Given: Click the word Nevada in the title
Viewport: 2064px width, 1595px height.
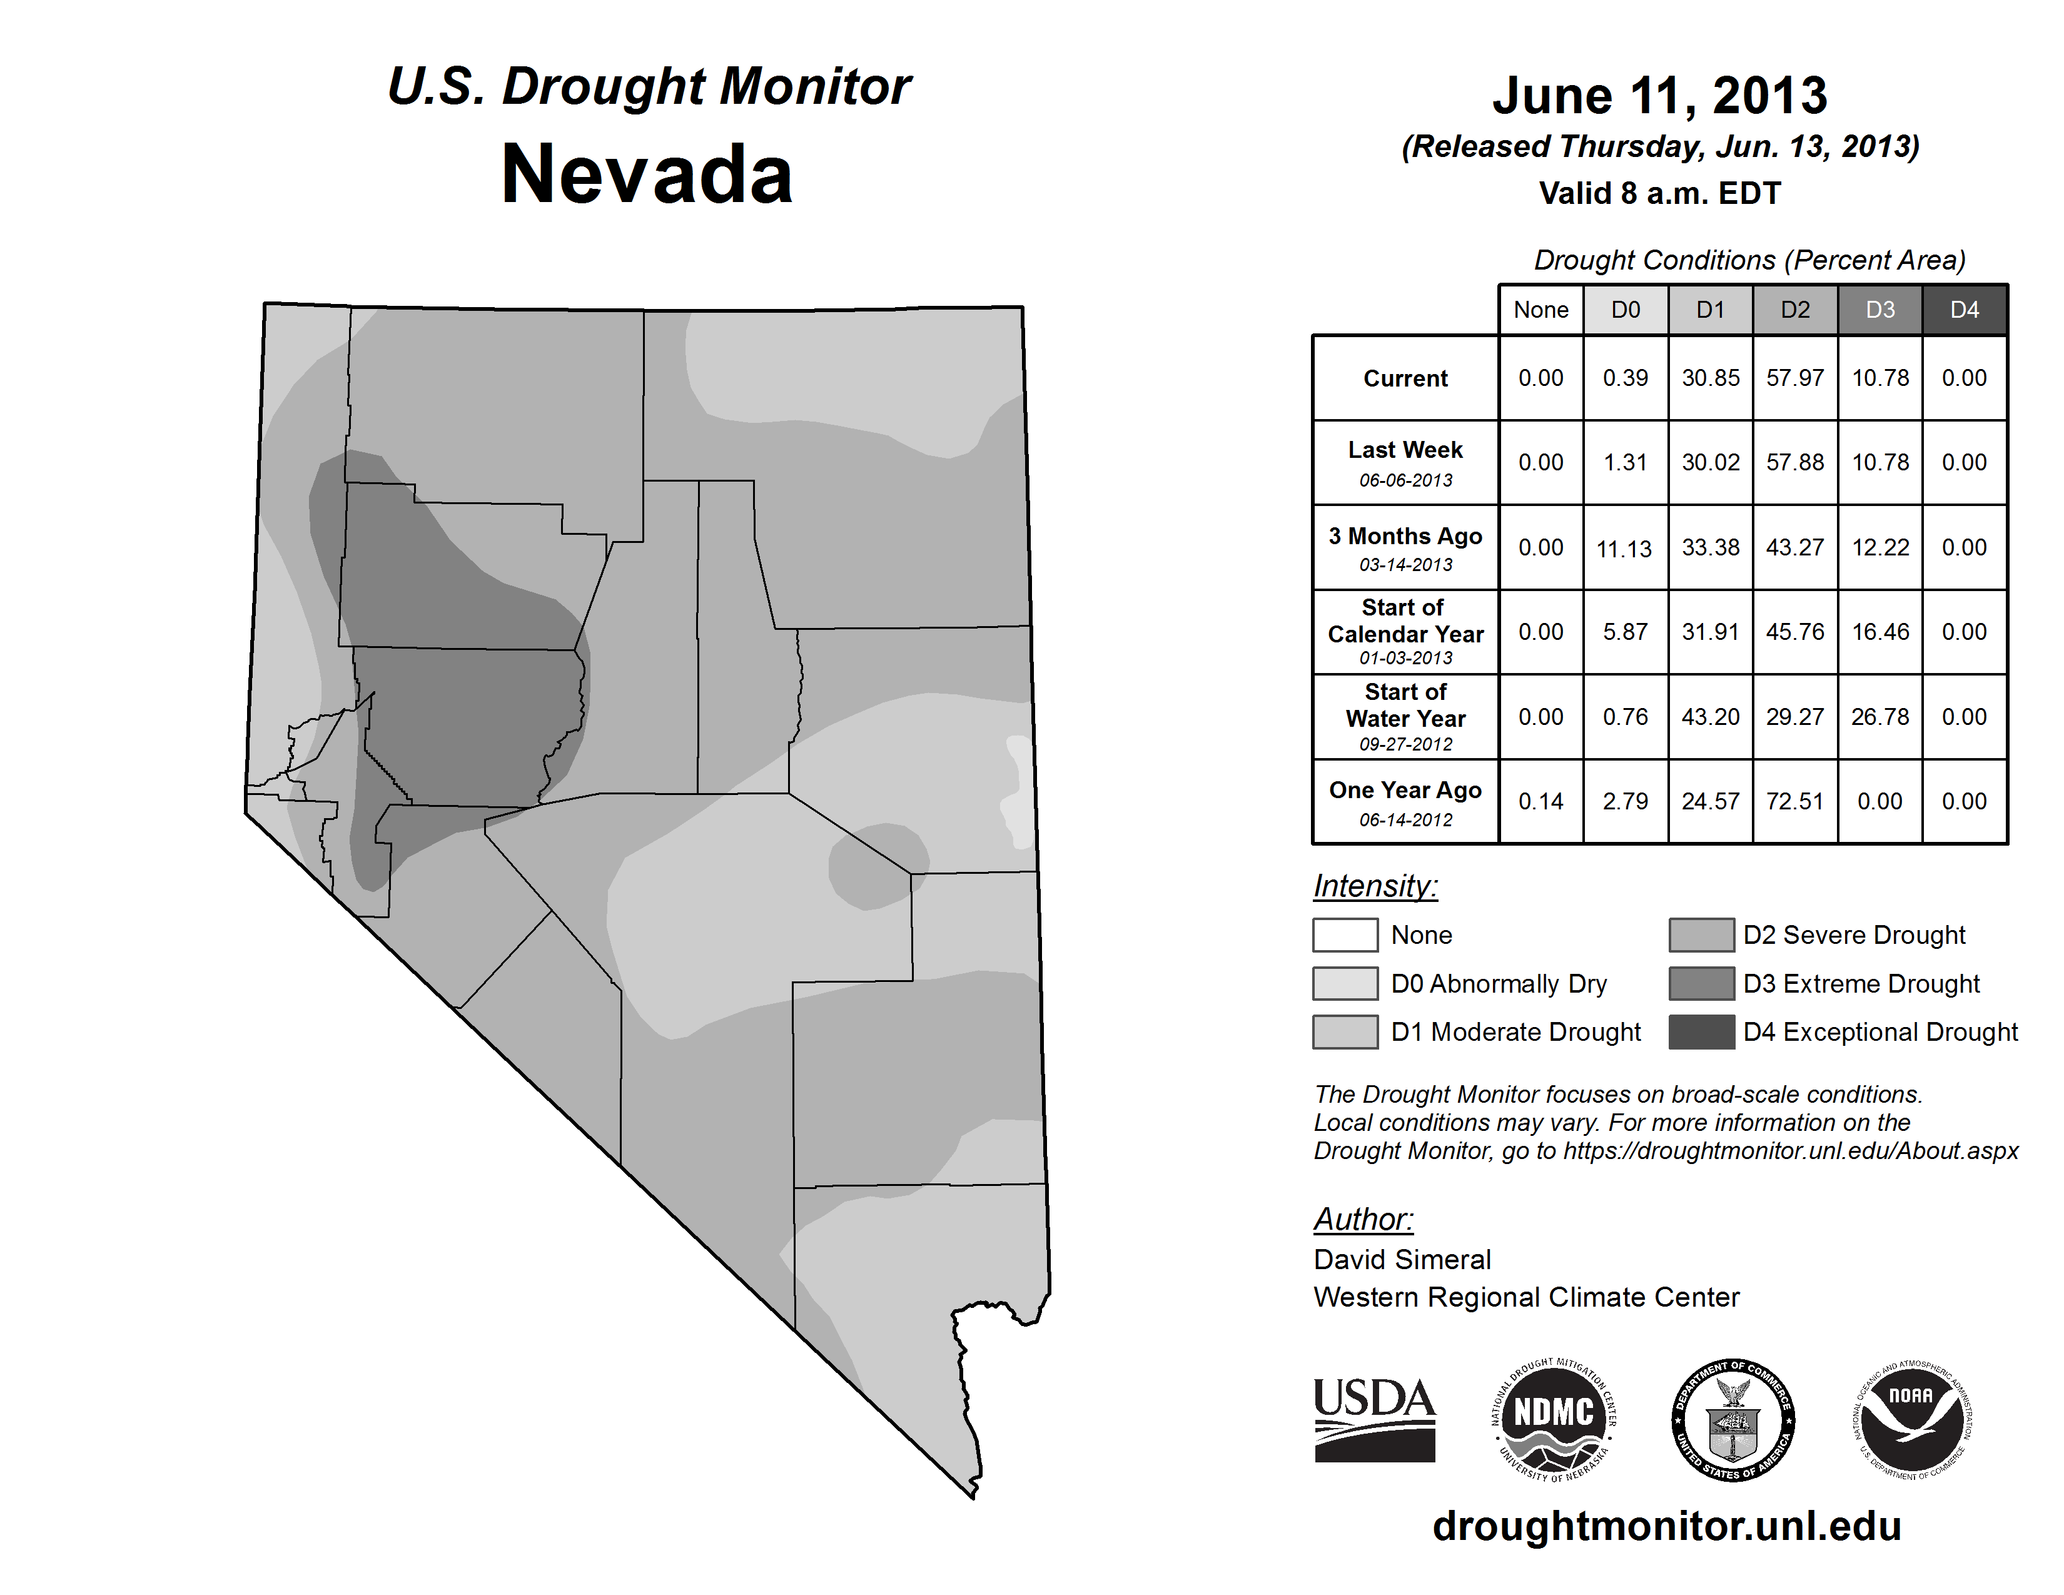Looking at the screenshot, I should (647, 175).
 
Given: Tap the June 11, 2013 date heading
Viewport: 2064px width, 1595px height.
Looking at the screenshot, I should (1659, 96).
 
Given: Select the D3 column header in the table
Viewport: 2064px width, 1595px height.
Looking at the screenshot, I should (1879, 310).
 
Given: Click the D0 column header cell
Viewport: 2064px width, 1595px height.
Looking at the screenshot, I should (1626, 310).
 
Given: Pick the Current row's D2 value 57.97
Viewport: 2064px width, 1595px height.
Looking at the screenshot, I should (1794, 378).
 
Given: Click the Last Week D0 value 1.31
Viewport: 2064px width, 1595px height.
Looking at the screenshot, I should (1626, 462).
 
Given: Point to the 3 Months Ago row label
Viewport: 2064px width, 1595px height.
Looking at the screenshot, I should (1405, 548).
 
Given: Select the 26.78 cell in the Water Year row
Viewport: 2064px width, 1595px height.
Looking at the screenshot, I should (1879, 717).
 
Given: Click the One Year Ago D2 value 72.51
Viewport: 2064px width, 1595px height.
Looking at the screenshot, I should (1794, 801).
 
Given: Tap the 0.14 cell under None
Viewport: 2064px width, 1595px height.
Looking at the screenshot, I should (1540, 801).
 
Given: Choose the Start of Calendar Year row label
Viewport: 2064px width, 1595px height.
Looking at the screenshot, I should (1405, 631).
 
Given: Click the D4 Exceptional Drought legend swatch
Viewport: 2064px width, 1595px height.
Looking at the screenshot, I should (1701, 1032).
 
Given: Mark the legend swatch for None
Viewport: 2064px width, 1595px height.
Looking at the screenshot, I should (1345, 934).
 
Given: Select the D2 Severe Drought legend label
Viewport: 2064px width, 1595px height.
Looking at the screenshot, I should (1854, 934).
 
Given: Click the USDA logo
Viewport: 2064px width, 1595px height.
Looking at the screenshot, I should (1374, 1419).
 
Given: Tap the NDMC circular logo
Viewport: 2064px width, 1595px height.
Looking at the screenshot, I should (1554, 1419).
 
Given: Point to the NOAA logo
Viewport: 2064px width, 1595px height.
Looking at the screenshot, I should (1911, 1419).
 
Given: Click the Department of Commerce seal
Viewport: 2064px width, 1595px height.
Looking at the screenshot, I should (1733, 1419).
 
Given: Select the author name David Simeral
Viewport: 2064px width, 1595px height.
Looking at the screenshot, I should (1402, 1260).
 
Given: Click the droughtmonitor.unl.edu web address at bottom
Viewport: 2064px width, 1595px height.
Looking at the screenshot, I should (1667, 1526).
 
